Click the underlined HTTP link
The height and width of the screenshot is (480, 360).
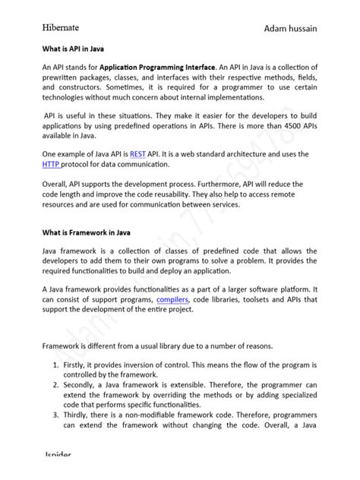(52, 164)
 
